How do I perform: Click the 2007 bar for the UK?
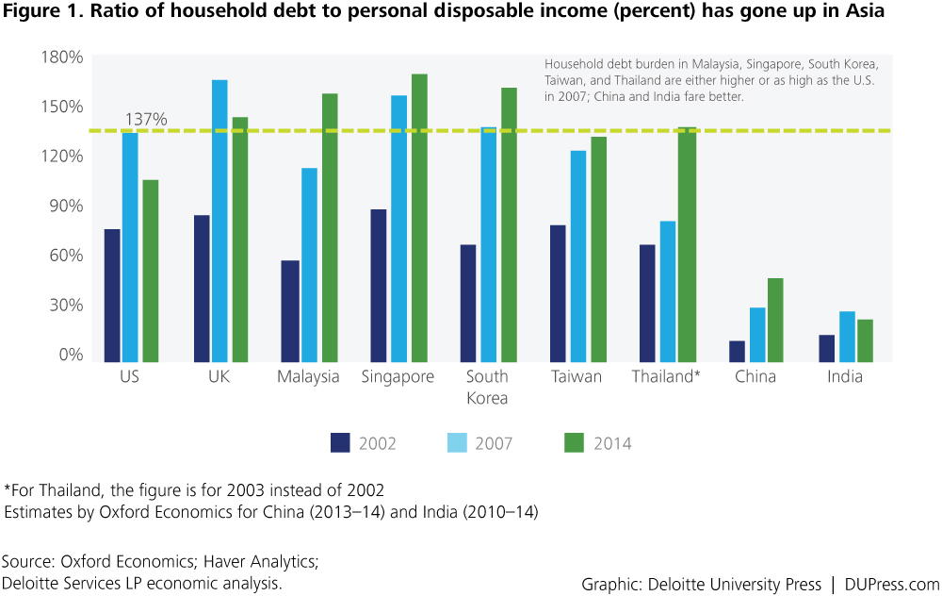219,221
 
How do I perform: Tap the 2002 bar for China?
737,351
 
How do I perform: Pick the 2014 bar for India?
865,340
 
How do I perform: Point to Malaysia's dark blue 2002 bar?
290,310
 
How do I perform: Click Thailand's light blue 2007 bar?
667,290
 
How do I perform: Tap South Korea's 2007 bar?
488,244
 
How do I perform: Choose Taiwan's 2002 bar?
558,292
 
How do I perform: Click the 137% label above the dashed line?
146,120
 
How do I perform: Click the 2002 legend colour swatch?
341,442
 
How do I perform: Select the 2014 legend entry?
597,443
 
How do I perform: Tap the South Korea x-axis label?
487,387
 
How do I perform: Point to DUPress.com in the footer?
892,583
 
